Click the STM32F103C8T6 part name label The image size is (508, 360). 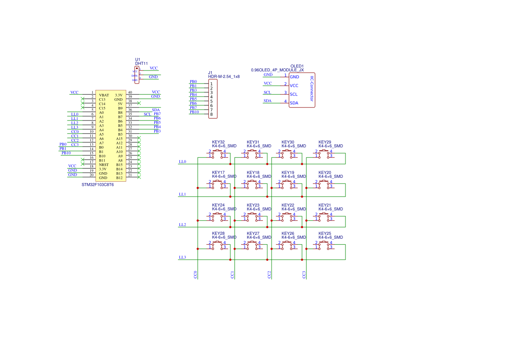[x=98, y=185]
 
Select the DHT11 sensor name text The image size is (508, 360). [x=141, y=63]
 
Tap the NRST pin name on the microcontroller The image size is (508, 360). [x=103, y=165]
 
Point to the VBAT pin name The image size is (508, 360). [x=104, y=95]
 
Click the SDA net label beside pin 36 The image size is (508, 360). [x=156, y=110]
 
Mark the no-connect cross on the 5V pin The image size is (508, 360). [x=139, y=103]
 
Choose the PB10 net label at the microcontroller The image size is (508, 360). [x=66, y=153]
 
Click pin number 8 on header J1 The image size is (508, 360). [x=211, y=114]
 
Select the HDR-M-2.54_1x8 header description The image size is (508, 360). [x=224, y=77]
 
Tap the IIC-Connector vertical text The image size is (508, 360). [x=312, y=89]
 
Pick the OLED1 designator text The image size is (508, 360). [x=297, y=66]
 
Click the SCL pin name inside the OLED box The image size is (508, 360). [x=294, y=94]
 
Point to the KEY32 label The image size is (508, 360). [x=218, y=142]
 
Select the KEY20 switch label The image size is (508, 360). [x=325, y=173]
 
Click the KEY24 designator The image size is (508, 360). [x=218, y=205]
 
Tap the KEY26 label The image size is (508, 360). [x=288, y=233]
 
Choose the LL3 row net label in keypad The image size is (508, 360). [x=183, y=257]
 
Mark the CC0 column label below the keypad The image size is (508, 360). [x=196, y=275]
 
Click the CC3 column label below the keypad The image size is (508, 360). [x=304, y=275]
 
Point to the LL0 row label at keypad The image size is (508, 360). [x=183, y=162]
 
